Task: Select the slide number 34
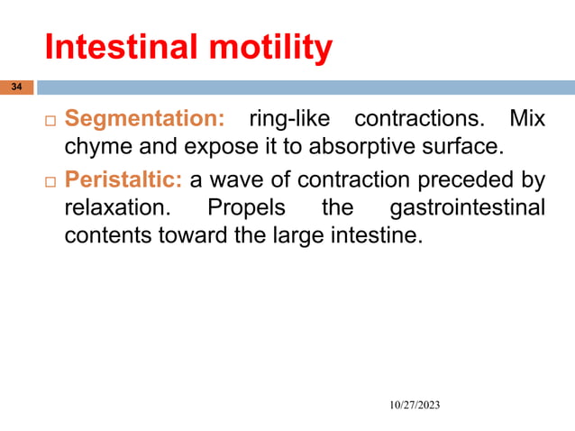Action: click(x=15, y=87)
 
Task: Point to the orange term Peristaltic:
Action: click(x=123, y=180)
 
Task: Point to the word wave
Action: click(x=230, y=180)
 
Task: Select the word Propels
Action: click(x=247, y=208)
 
